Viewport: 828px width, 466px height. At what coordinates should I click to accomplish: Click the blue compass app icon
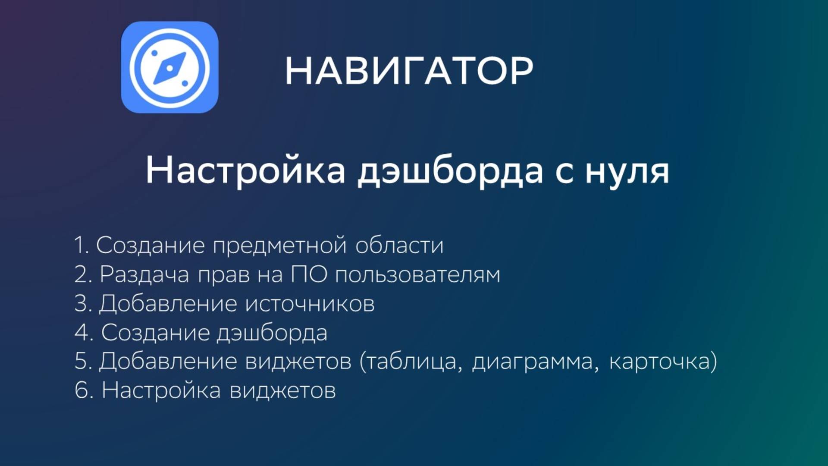click(x=169, y=67)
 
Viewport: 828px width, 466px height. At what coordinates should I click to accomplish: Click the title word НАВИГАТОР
click(x=409, y=71)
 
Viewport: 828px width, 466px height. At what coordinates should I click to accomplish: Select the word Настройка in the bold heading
click(x=245, y=170)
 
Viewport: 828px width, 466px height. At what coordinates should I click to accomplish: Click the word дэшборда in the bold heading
click(x=450, y=171)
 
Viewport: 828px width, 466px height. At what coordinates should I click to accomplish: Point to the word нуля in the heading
click(x=627, y=171)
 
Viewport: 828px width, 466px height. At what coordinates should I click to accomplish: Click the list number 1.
click(x=80, y=245)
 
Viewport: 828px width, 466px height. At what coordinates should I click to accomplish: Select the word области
click(x=399, y=245)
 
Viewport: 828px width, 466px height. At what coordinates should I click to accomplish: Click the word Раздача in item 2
click(x=144, y=274)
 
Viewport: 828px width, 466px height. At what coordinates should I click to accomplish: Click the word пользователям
click(x=417, y=275)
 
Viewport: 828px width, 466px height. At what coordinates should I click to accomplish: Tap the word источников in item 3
click(x=310, y=303)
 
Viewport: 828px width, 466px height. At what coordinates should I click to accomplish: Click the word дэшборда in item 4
click(x=272, y=333)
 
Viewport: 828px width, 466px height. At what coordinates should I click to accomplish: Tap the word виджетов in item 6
click(x=282, y=390)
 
